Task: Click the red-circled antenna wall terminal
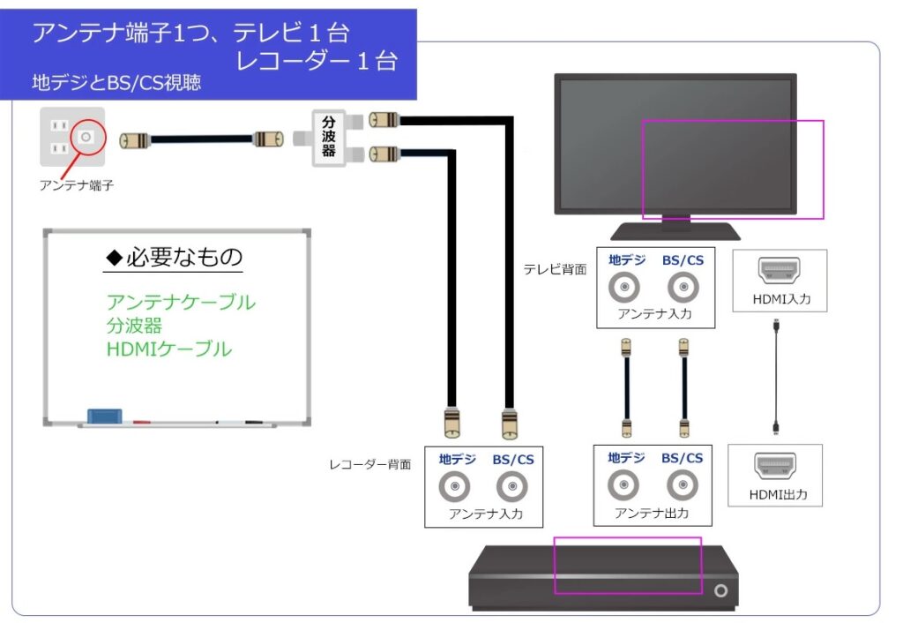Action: click(86, 138)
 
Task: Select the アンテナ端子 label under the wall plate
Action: click(77, 185)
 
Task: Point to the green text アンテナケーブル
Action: click(181, 302)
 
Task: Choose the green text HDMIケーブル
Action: click(168, 349)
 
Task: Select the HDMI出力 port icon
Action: click(775, 465)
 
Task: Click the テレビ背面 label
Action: click(555, 270)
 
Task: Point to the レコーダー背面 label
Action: click(370, 464)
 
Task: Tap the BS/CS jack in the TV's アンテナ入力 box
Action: click(682, 287)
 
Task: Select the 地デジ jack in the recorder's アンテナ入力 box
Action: click(457, 487)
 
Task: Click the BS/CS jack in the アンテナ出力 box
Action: click(682, 484)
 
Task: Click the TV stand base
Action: click(676, 231)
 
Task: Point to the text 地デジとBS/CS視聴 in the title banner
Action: click(116, 84)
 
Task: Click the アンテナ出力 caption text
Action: click(652, 513)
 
